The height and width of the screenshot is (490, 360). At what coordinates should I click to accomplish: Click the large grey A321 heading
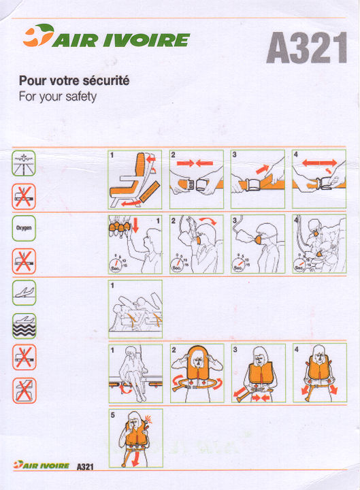306,48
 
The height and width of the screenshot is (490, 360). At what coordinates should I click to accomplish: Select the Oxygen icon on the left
24,228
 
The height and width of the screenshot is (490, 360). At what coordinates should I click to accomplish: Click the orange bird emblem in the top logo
38,35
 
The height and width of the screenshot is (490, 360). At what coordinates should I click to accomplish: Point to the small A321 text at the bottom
85,467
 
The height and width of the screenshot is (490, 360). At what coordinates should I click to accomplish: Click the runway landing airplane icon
24,163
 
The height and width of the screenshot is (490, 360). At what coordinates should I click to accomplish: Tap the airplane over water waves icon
24,326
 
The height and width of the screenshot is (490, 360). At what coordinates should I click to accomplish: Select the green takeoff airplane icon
24,293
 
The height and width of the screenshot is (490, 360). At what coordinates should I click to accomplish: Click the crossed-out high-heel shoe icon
24,391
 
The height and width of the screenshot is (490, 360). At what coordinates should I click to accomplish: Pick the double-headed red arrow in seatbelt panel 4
319,163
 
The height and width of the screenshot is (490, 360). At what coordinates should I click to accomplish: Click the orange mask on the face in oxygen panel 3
259,240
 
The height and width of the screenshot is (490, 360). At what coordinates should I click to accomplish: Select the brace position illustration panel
135,309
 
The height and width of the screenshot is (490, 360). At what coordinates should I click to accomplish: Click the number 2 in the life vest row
174,350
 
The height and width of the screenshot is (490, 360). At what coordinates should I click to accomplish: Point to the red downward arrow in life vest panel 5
135,459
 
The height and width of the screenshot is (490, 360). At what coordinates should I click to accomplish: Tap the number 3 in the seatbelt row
234,154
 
